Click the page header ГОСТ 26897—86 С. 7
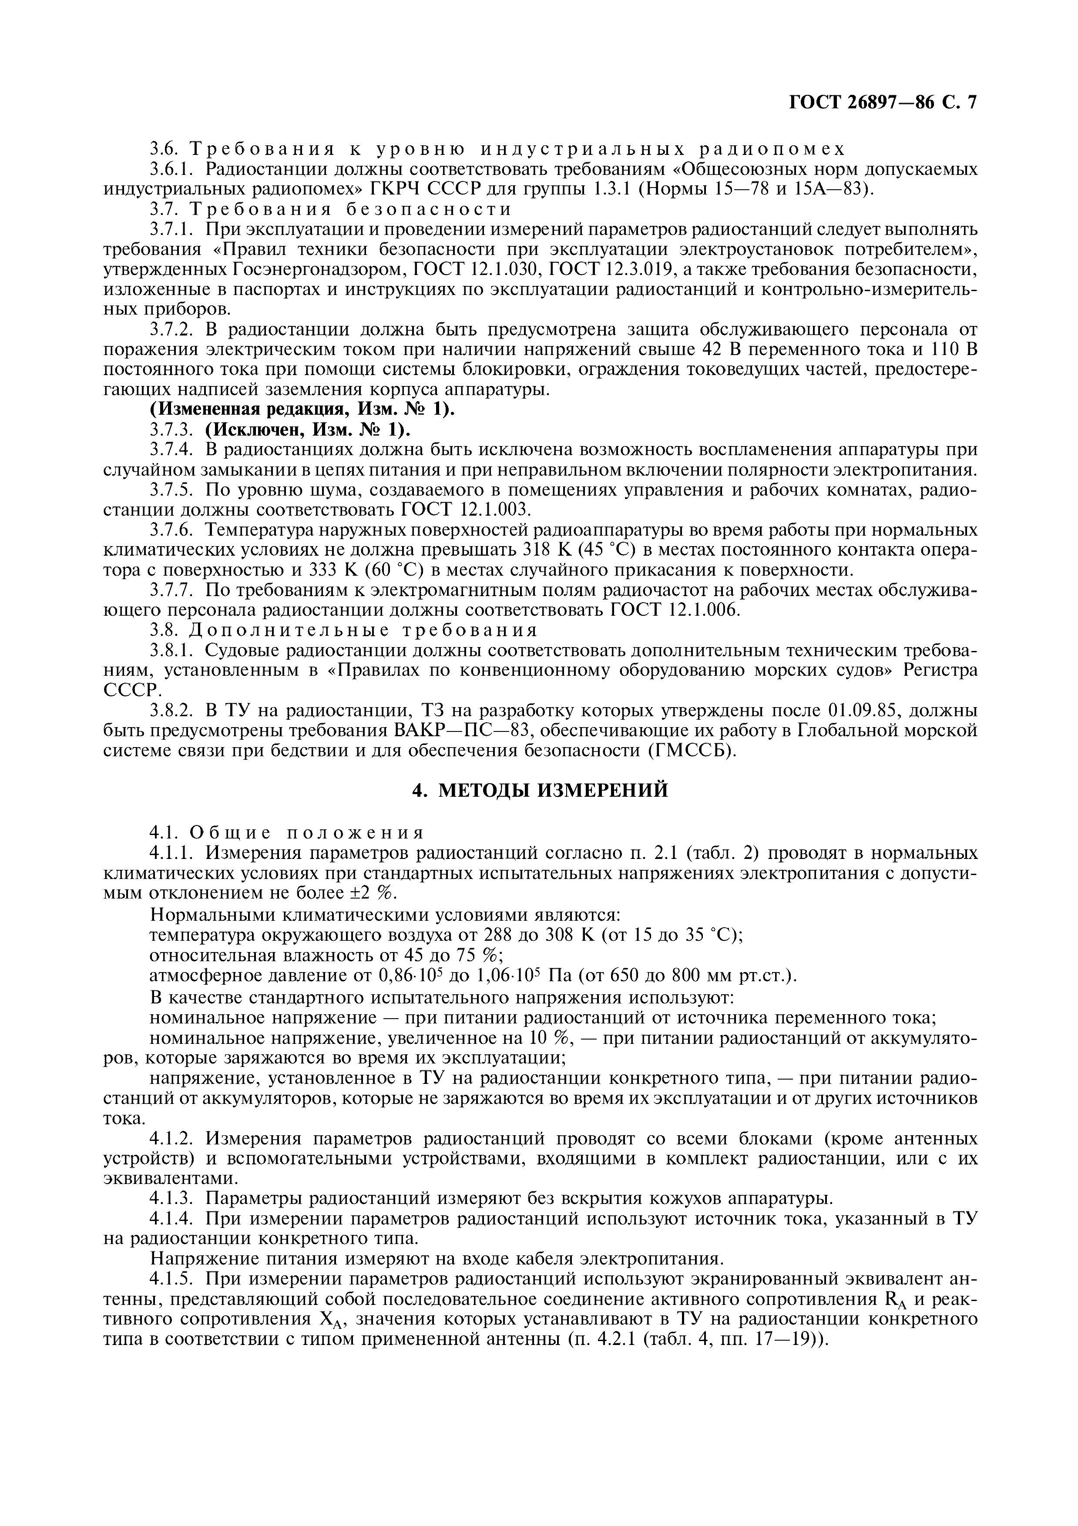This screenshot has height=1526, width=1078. point(883,102)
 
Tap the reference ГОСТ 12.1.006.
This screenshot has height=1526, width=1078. point(675,610)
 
